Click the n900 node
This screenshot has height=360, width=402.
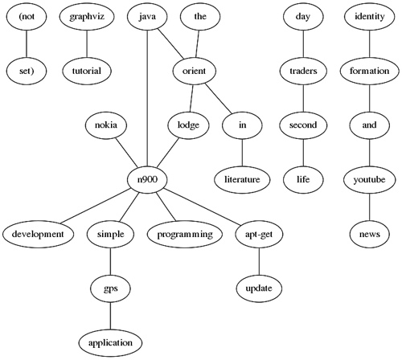(x=147, y=179)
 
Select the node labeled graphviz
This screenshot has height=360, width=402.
(x=87, y=17)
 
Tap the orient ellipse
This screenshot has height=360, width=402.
(x=194, y=71)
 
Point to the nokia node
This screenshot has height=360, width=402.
(x=106, y=125)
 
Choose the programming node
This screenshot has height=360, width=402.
(x=185, y=234)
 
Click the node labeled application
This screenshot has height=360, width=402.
(x=110, y=343)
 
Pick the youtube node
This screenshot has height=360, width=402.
(x=369, y=179)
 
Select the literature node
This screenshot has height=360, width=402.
(x=242, y=179)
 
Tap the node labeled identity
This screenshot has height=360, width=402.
(x=370, y=17)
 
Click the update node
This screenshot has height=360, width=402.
(x=259, y=288)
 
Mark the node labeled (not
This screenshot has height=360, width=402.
(x=27, y=17)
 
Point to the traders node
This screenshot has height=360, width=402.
(x=303, y=71)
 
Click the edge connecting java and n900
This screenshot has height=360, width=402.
(x=147, y=98)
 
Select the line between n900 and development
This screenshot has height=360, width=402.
(x=96, y=206)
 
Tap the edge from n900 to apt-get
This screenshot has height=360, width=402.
(x=202, y=206)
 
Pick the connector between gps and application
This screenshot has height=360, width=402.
(x=110, y=316)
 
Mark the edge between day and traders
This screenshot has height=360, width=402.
(x=303, y=44)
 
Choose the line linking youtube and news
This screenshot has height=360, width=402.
(x=369, y=207)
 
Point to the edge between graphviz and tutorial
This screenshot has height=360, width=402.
(x=87, y=44)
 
